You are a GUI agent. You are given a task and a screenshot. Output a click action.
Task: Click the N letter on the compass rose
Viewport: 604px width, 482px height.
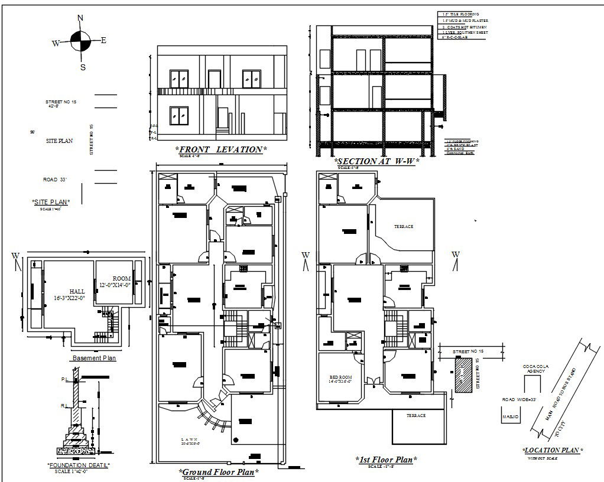coord(80,18)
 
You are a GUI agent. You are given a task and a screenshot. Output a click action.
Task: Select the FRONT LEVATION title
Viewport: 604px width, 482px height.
coord(221,149)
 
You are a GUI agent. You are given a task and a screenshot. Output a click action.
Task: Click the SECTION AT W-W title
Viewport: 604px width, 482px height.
coord(376,161)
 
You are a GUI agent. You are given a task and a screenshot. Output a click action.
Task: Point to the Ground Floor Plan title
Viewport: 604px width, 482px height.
coord(218,472)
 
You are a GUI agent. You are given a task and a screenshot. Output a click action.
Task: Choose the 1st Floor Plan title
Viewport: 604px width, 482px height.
coord(387,460)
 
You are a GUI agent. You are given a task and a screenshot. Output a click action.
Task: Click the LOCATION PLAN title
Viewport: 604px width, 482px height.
coord(553,450)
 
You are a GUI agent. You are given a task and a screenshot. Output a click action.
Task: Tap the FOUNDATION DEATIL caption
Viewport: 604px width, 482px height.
coord(79,465)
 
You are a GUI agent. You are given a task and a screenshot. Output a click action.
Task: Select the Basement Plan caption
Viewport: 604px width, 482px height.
coord(93,358)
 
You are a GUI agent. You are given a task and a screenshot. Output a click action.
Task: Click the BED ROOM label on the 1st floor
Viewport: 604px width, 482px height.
coord(341,378)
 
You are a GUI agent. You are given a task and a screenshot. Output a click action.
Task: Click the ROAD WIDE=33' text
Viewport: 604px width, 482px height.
coord(518,400)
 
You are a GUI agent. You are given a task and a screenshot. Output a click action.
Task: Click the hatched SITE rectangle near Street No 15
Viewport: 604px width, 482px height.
coord(463,374)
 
